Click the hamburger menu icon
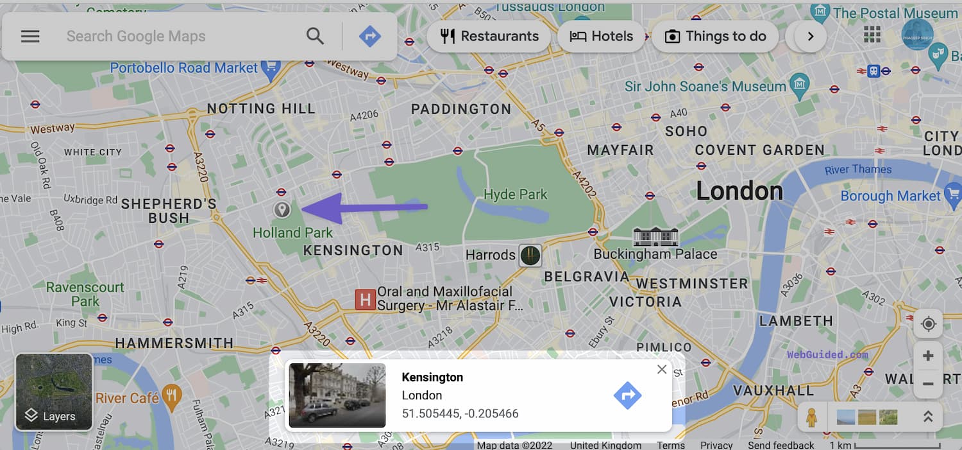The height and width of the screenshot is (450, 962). tap(30, 37)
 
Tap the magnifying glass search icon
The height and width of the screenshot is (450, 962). tap(315, 36)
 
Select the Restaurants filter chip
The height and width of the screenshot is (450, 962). tap(489, 36)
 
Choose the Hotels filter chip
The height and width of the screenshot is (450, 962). tap(601, 36)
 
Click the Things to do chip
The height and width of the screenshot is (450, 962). tap(715, 36)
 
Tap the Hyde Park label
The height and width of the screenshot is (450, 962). tap(516, 194)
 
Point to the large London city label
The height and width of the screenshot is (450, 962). tap(739, 191)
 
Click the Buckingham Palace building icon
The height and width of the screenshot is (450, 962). tap(655, 236)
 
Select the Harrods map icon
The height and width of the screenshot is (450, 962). tap(530, 255)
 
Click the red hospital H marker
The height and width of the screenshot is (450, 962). tap(365, 299)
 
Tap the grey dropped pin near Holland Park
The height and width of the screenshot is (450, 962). tap(282, 210)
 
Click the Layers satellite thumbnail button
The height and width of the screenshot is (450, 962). tap(54, 392)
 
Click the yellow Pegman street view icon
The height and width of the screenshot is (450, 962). tap(811, 417)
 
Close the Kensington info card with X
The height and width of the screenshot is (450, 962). tap(662, 369)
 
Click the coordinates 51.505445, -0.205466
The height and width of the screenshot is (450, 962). tap(460, 413)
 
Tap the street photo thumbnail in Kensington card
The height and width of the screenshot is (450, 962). tap(337, 395)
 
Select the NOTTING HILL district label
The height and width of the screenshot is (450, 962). tap(261, 108)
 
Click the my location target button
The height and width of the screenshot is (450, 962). tap(928, 324)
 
